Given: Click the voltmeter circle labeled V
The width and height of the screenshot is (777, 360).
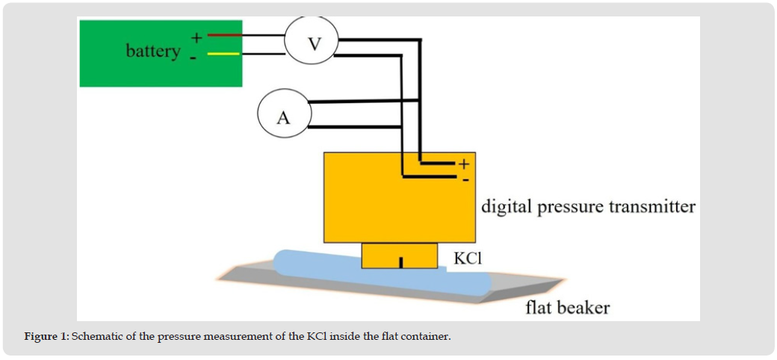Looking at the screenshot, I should (x=312, y=43).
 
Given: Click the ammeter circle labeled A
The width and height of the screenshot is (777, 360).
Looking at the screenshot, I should (x=282, y=117).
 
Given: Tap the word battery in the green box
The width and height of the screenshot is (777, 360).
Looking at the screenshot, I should (x=152, y=51).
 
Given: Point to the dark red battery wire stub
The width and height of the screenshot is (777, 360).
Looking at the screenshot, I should (x=223, y=35).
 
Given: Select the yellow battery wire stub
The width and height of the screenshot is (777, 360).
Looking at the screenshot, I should (x=223, y=54).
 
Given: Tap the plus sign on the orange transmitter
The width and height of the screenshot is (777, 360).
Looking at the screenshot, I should (x=463, y=164).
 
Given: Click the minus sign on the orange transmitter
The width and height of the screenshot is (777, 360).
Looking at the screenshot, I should (x=465, y=179).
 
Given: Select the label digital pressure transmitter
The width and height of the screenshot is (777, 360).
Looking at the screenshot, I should (x=588, y=206).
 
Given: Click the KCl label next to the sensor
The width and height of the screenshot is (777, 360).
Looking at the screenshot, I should (x=469, y=258).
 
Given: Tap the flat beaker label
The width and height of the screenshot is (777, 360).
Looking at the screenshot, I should (x=567, y=307).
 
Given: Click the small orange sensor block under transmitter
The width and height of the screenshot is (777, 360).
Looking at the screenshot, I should (x=400, y=255).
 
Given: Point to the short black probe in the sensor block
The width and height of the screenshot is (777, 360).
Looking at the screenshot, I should (x=401, y=262).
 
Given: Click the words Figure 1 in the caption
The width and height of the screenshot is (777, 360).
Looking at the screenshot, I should (x=46, y=337).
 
